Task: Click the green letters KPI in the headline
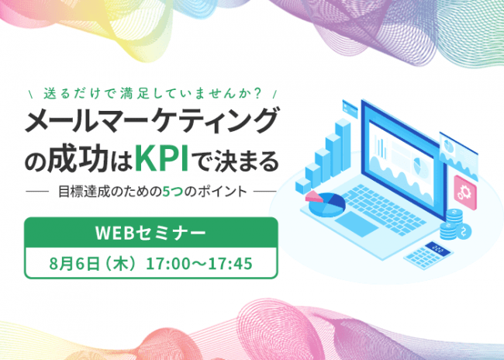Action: (162, 159)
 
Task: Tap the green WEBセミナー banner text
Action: (150, 233)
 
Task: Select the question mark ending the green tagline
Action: (257, 93)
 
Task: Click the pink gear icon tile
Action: (465, 192)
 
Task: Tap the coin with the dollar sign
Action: (464, 230)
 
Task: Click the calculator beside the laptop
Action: (429, 254)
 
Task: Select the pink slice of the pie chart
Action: (314, 196)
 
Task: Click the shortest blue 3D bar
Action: (303, 187)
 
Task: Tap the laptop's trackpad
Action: (357, 223)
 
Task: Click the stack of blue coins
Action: (450, 224)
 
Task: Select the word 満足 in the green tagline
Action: (133, 93)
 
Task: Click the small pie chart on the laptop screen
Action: (419, 166)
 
